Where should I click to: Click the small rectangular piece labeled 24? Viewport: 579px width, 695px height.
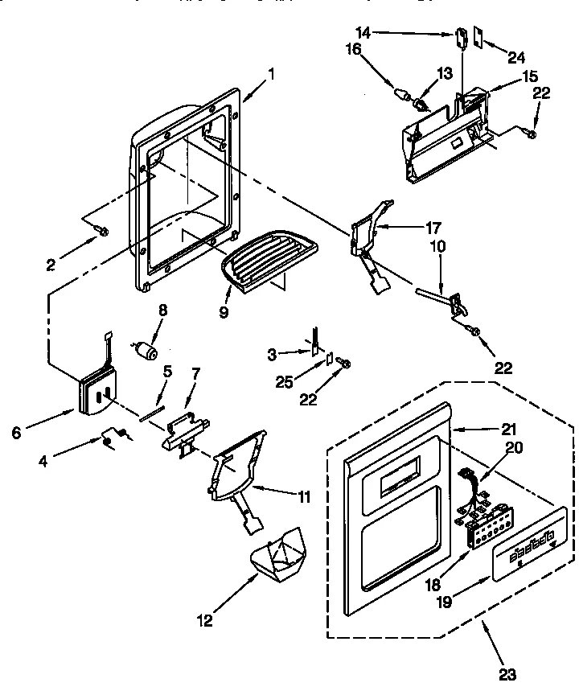click(x=478, y=36)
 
